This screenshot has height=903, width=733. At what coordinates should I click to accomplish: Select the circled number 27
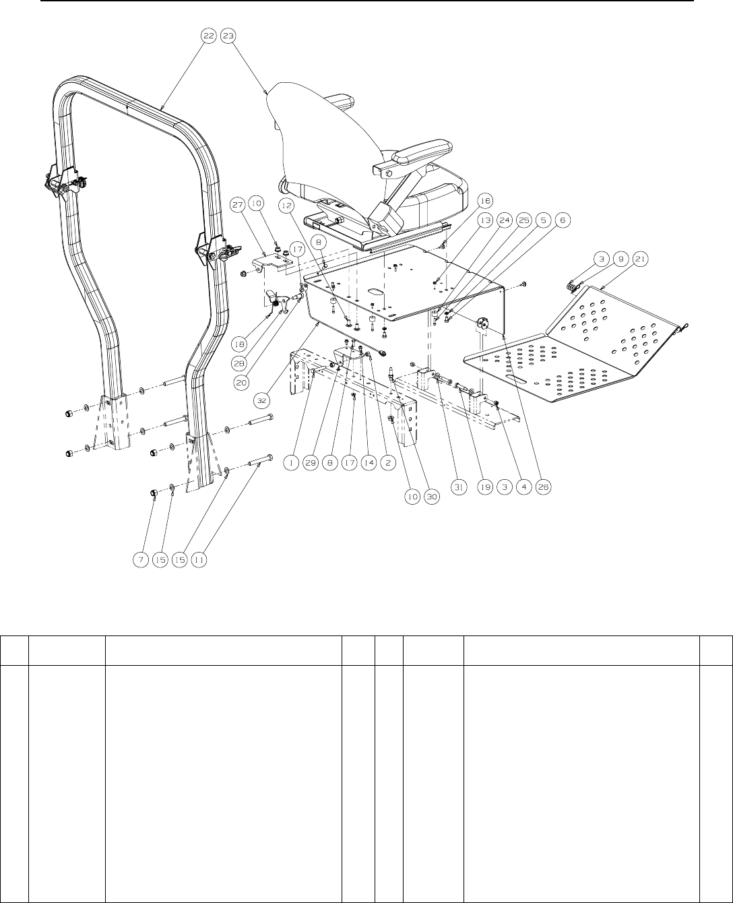(x=257, y=203)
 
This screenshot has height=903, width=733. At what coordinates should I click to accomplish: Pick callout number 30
(x=432, y=496)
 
